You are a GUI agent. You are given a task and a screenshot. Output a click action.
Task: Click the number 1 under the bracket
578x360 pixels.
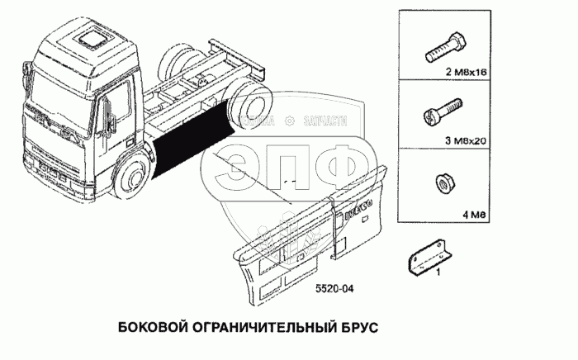437,271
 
